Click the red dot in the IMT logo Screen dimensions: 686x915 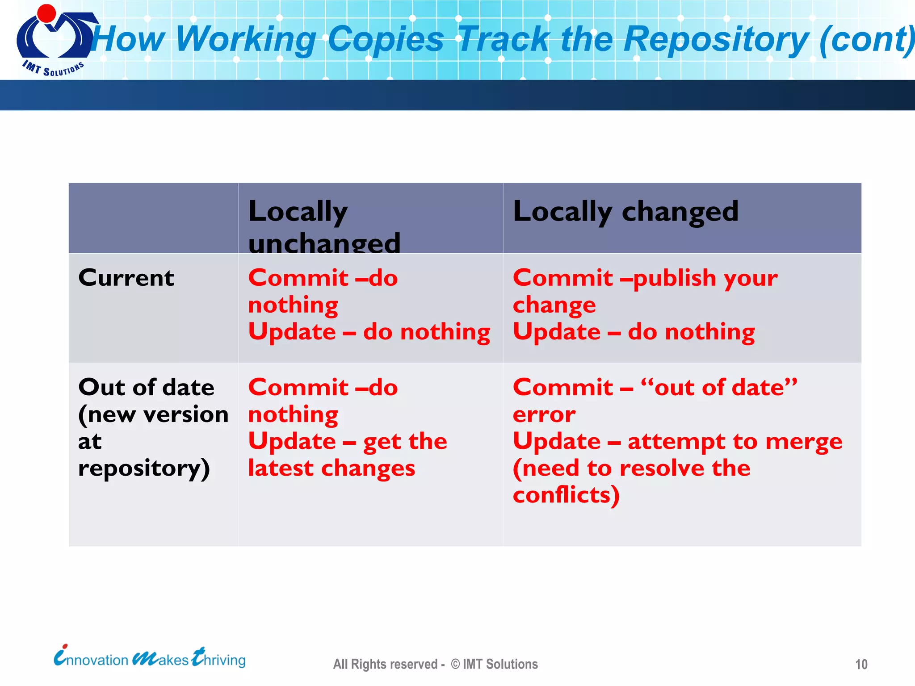[46, 13]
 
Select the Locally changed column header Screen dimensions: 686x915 [625, 211]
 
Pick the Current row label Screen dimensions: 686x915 [126, 278]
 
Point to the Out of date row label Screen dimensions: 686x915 [146, 387]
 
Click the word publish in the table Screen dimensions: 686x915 [675, 278]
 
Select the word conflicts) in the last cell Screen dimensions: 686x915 [566, 495]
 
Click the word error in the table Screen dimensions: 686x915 [544, 414]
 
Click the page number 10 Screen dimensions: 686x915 [861, 665]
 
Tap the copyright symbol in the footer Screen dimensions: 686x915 [455, 664]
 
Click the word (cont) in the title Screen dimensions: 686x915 [867, 39]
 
